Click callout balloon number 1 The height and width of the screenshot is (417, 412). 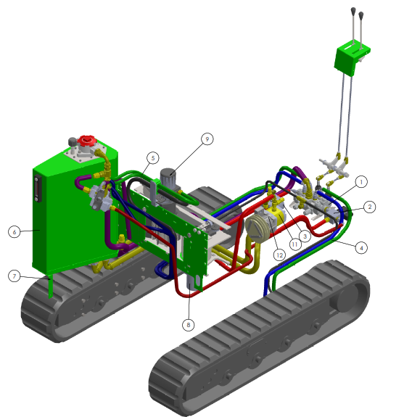[x=361, y=182]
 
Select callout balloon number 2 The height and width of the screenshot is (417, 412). [x=369, y=207]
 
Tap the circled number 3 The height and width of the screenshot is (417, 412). [x=305, y=236]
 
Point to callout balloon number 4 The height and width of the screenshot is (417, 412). [x=361, y=248]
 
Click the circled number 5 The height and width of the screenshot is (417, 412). [x=152, y=158]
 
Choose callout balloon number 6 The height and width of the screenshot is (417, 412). [x=15, y=232]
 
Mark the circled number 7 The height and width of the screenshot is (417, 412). [x=15, y=276]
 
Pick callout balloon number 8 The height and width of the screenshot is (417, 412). [x=189, y=325]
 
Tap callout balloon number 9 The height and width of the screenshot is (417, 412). [x=207, y=139]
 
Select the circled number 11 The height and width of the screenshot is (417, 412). [x=295, y=244]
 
